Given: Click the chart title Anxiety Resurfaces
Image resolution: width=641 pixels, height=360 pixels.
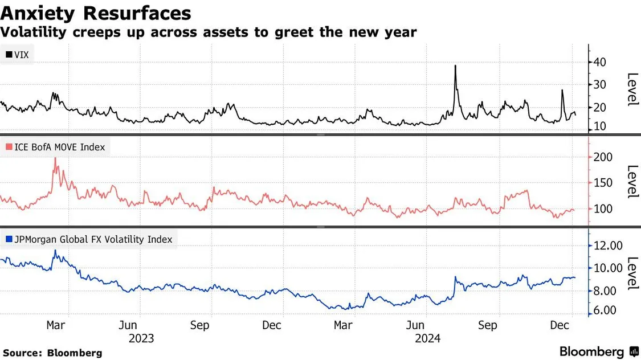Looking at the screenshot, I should [x=96, y=12].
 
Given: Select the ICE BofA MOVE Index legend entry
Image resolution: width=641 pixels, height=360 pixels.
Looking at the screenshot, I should [x=55, y=147].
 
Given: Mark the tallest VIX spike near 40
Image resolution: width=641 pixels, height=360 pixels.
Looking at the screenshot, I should [x=455, y=66].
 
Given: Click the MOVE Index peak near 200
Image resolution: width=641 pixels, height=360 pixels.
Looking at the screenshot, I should [x=55, y=159].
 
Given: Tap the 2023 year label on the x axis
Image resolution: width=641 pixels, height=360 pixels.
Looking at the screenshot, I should [x=141, y=338].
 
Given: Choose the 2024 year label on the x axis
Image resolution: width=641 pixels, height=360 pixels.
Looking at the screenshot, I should [x=429, y=338].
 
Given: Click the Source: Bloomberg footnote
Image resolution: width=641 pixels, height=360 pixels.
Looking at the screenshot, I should [x=52, y=353].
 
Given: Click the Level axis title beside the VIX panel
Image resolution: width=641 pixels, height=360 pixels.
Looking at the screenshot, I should [x=631, y=89].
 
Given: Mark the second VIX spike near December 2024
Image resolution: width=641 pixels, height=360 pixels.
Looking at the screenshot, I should [x=562, y=90].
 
